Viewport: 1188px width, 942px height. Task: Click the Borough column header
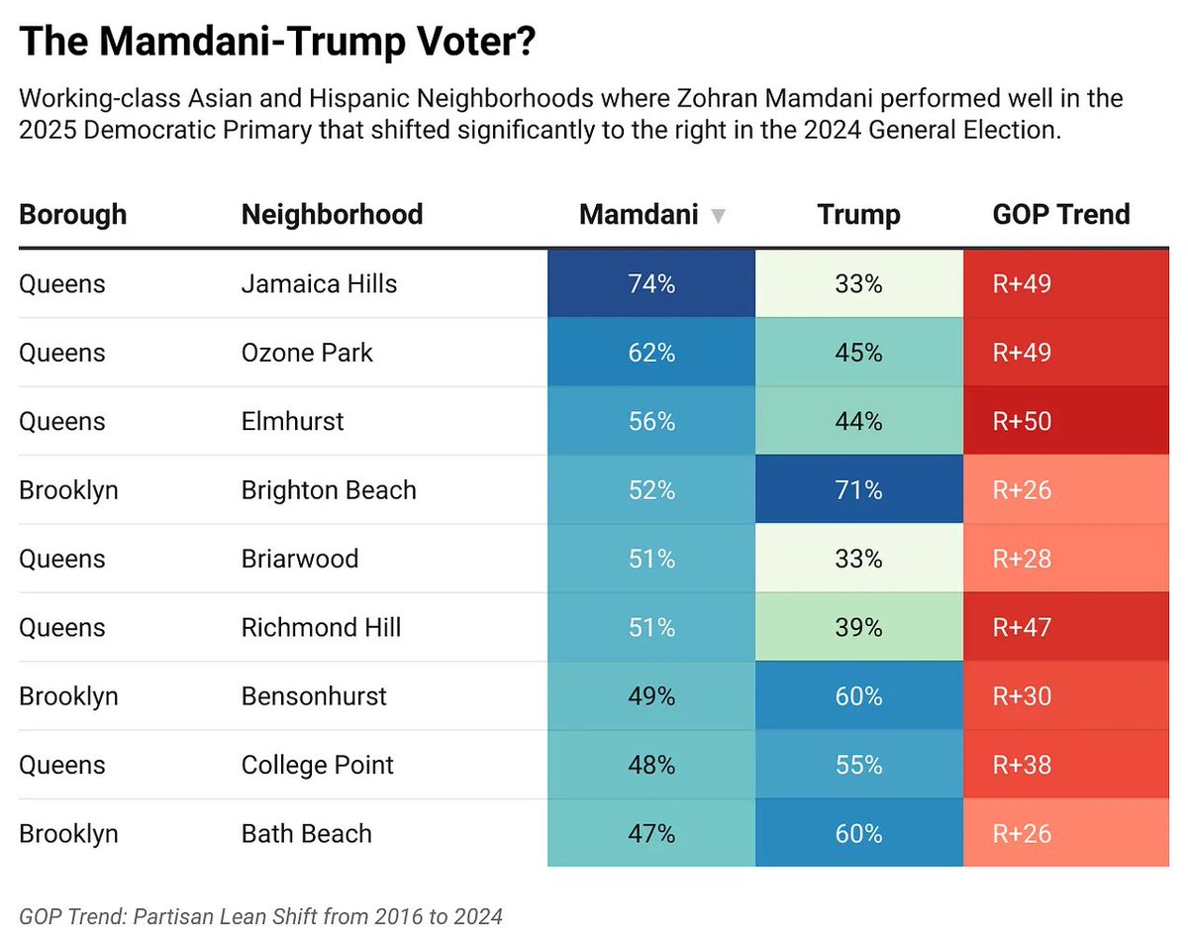(73, 214)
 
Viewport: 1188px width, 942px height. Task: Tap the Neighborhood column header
(332, 214)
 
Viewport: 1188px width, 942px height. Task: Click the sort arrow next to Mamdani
(719, 216)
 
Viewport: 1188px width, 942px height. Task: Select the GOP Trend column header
(1060, 214)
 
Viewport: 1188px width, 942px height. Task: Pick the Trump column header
(858, 214)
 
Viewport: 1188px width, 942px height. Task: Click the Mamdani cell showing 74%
(650, 284)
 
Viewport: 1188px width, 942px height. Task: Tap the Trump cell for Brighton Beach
(858, 490)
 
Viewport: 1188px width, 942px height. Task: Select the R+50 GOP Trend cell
(1065, 421)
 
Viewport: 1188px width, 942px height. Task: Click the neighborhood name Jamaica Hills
(319, 284)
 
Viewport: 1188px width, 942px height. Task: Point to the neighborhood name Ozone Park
(307, 353)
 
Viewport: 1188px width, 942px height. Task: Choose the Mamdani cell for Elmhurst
(650, 421)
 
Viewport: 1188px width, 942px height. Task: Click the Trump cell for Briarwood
(858, 559)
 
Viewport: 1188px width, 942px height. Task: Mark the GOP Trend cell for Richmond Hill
(1065, 627)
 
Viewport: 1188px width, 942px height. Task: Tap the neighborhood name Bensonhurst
(315, 696)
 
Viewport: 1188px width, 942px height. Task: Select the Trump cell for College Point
(858, 765)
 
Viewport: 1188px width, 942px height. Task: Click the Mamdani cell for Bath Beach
(650, 833)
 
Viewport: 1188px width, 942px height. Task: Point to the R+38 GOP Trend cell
(1065, 765)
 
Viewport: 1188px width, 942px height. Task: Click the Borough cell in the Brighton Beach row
(68, 490)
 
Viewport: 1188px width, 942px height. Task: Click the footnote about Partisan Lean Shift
(260, 916)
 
